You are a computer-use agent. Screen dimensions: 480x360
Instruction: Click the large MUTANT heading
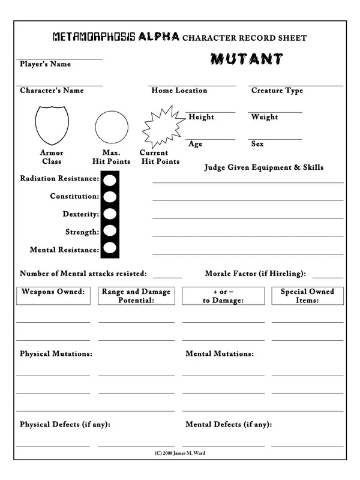click(247, 59)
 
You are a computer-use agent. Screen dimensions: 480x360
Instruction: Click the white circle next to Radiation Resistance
click(110, 179)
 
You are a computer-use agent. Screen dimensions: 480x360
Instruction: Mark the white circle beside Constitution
click(110, 196)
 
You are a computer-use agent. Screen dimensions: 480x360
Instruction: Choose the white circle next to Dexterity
click(110, 214)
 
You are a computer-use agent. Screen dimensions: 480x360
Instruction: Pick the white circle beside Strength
click(110, 231)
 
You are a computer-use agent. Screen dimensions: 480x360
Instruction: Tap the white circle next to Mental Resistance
click(110, 248)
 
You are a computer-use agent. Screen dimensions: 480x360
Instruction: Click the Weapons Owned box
click(53, 296)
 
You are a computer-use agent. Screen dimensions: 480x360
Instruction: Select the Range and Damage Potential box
click(136, 296)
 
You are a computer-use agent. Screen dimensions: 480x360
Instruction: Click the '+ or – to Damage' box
click(223, 296)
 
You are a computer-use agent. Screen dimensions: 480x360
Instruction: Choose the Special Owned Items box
click(307, 296)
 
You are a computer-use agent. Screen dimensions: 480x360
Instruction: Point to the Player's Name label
click(45, 64)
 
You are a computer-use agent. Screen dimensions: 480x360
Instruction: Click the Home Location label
click(179, 91)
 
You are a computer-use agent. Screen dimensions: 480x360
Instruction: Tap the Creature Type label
click(277, 91)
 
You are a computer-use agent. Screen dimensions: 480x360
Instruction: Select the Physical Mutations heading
click(56, 354)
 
